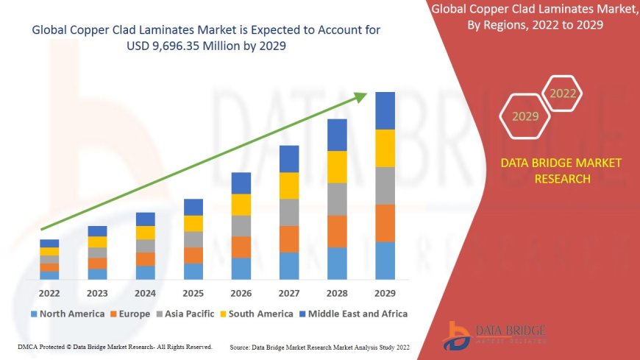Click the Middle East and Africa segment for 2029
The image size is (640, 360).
385,110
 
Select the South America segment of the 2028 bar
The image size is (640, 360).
337,166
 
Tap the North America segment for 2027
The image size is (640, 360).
289,266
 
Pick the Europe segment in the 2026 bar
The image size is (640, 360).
241,247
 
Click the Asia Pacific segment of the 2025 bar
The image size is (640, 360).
193,239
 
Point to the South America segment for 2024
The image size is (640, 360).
146,233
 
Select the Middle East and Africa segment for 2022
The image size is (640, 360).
50,243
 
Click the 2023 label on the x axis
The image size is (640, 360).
97,292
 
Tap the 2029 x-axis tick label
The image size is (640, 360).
385,292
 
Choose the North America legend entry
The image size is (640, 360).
67,314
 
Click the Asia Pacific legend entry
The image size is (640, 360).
185,314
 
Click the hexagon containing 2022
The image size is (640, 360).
563,93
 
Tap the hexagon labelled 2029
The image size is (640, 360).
525,116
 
